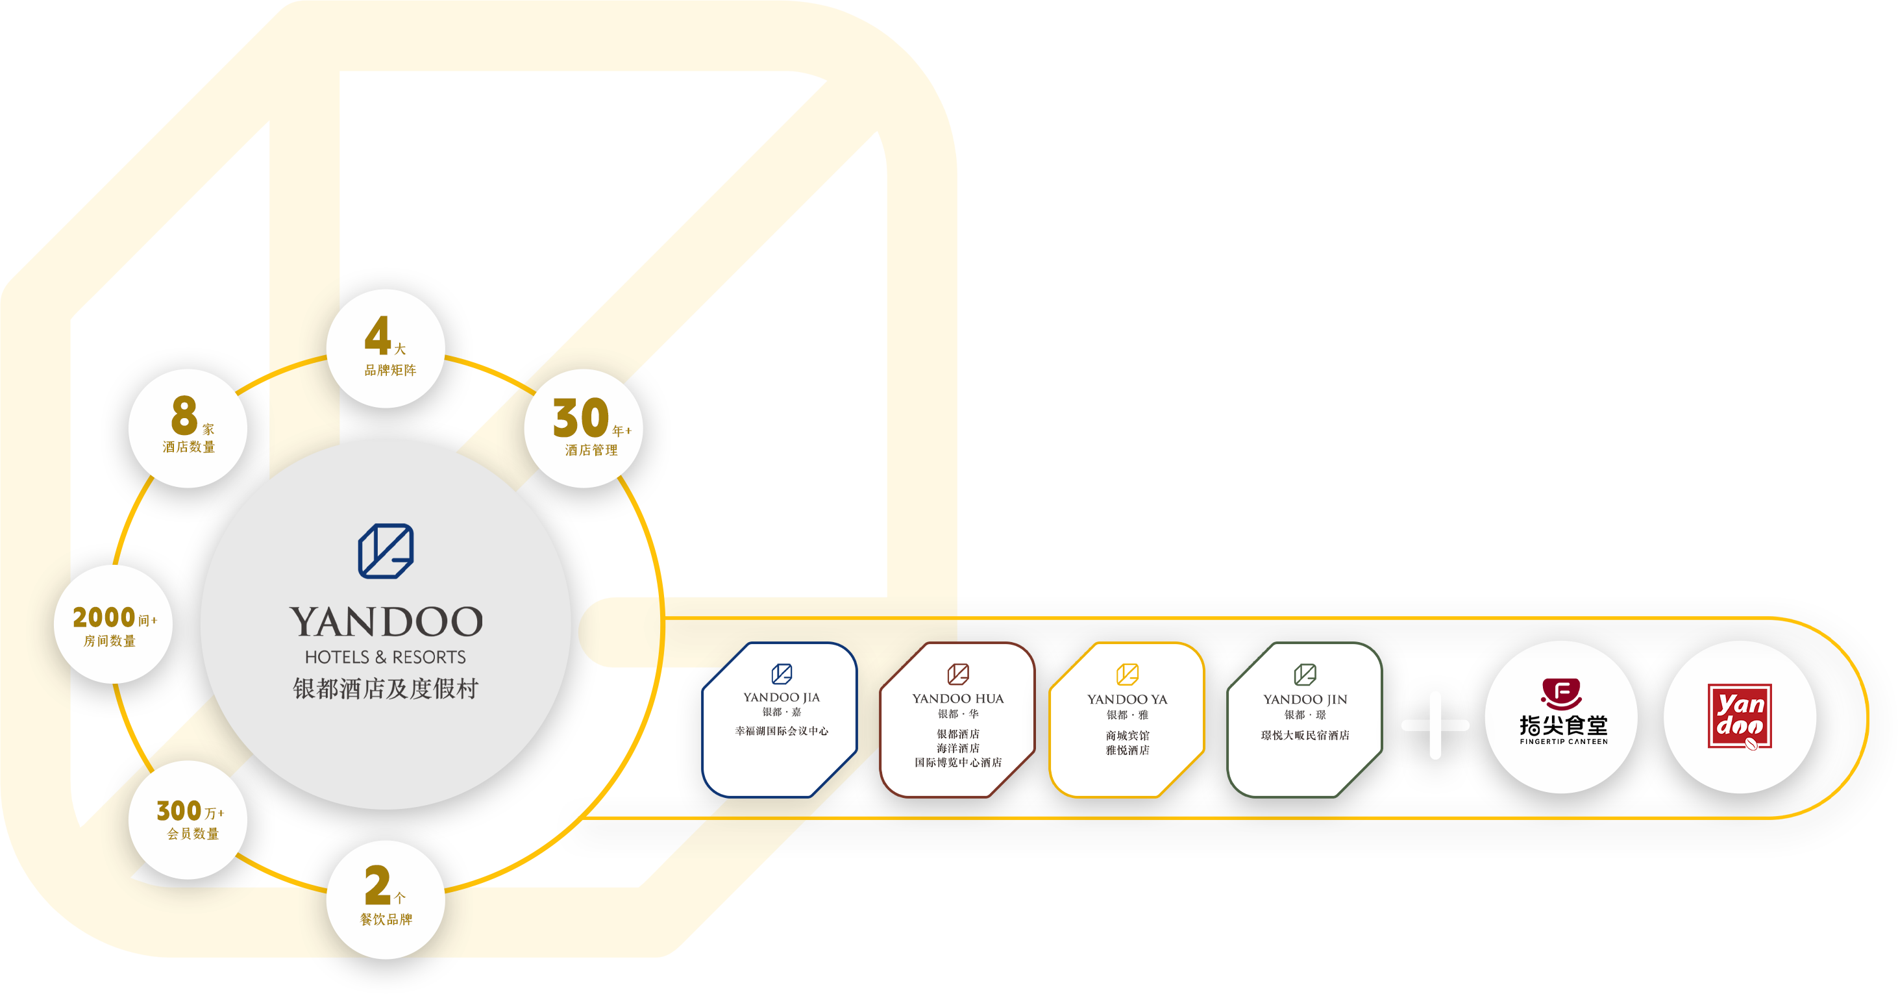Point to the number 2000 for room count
(104, 617)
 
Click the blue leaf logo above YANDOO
(386, 551)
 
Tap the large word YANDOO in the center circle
(386, 622)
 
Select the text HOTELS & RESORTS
(386, 656)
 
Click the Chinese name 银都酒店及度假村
(386, 688)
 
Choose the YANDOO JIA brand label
(781, 697)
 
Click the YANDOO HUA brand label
(958, 699)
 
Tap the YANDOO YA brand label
(1128, 699)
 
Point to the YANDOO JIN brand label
(1305, 699)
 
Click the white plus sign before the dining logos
(1435, 725)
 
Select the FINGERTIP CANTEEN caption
(1564, 741)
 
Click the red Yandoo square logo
(1740, 716)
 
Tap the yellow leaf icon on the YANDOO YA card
(1128, 674)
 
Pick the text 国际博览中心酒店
(958, 763)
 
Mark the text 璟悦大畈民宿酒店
(1305, 736)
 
